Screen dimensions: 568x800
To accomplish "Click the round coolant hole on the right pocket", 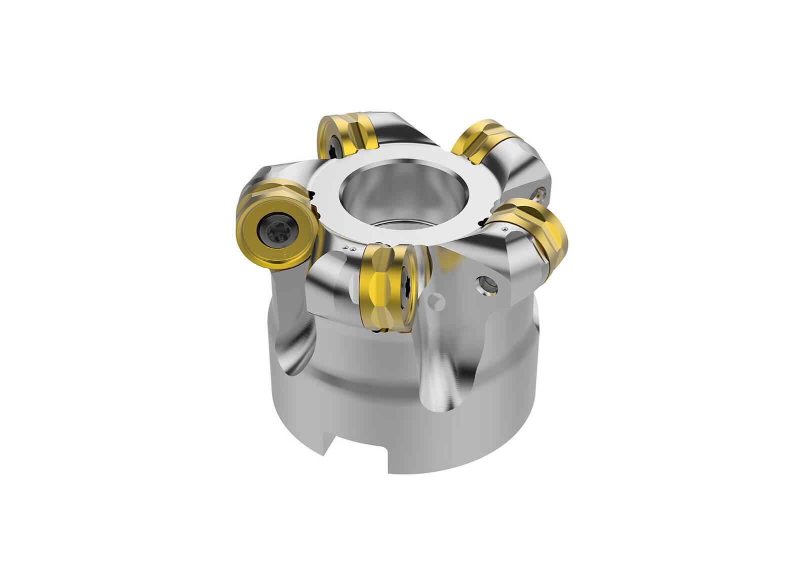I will (486, 285).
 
